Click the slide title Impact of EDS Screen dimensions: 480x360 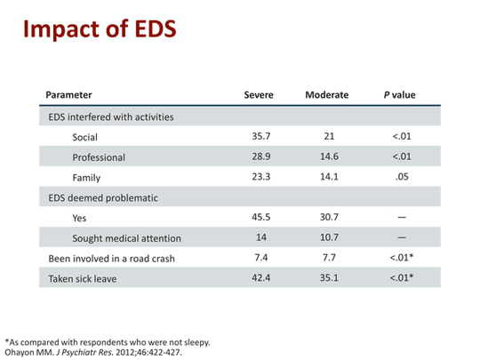click(100, 29)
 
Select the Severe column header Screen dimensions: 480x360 click(259, 95)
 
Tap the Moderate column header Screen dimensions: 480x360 click(327, 95)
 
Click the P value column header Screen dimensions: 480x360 click(400, 95)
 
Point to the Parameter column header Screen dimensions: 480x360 click(68, 95)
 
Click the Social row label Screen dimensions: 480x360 click(84, 137)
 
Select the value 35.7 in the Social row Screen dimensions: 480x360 click(261, 136)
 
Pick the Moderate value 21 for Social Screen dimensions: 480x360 click(329, 136)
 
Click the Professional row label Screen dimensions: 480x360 click(99, 157)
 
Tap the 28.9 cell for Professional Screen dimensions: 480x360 click(261, 156)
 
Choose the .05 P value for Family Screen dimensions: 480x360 click(402, 177)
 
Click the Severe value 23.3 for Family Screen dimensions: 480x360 click(261, 177)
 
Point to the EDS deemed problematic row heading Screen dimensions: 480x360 click(103, 198)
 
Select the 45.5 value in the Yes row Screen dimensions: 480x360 click(261, 217)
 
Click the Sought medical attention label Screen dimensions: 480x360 click(127, 238)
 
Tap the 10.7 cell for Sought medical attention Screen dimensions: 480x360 click(329, 237)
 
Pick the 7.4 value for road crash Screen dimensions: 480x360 click(261, 258)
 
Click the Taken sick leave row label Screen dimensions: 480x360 click(83, 279)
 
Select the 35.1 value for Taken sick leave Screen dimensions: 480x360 click(329, 277)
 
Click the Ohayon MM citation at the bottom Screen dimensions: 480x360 click(93, 352)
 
